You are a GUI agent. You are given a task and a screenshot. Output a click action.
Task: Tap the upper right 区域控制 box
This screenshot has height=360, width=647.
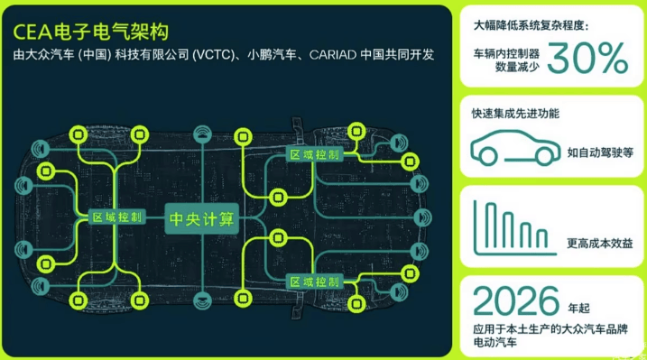(313, 154)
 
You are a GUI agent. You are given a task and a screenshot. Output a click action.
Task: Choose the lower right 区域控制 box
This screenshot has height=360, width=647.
(313, 282)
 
